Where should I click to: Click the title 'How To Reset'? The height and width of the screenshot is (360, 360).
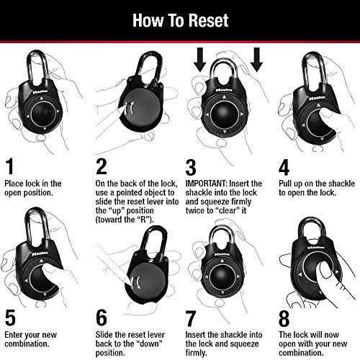180,19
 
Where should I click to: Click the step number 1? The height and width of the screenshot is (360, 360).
9,167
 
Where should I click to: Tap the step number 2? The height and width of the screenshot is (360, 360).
102,167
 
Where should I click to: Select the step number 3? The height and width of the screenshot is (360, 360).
191,167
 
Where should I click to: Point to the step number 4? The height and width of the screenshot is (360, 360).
284,167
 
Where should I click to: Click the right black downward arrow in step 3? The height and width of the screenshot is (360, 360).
256,62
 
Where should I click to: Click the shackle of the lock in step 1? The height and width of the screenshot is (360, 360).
37,68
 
